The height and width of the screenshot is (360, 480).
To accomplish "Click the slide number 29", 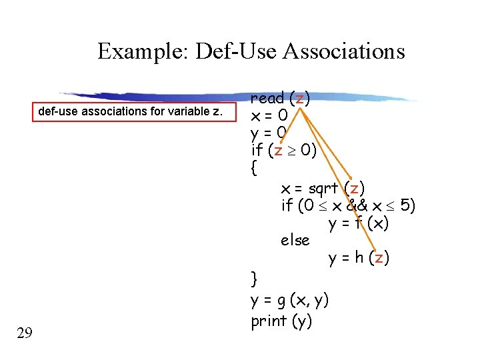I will pos(25,333).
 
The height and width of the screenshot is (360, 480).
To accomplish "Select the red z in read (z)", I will pos(300,99).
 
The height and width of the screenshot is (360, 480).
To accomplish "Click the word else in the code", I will pos(295,240).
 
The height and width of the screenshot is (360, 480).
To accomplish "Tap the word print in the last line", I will pos(268,321).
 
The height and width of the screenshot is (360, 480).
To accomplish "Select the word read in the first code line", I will pos(267,99).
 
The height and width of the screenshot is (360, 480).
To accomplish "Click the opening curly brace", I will pos(253,169).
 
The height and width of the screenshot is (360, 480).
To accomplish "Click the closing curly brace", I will pos(253,277).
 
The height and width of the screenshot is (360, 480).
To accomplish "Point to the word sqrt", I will pos(323,188).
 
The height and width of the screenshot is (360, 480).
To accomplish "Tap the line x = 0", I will pos(269,116).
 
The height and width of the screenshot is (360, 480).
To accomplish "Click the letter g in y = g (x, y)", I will pos(283,301).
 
